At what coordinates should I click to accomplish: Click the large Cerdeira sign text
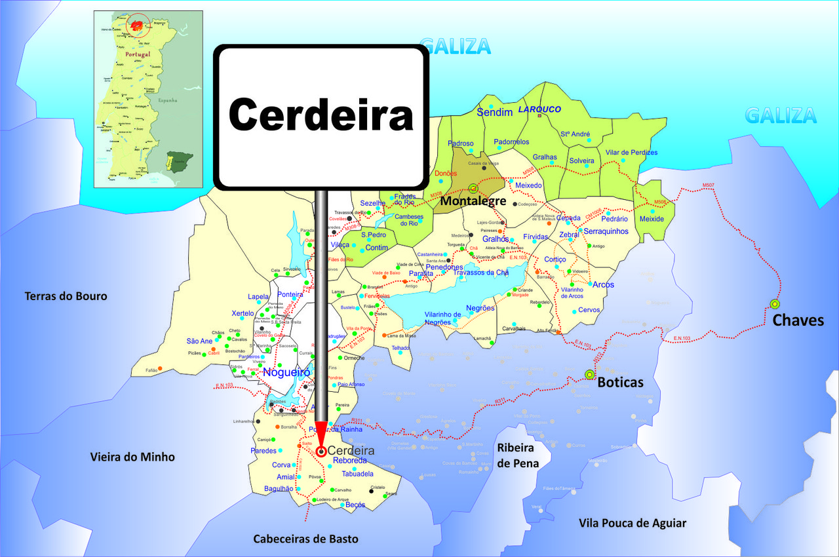coord(321,115)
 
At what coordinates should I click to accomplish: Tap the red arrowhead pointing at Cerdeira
coord(321,434)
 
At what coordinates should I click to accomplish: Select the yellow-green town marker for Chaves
coord(775,304)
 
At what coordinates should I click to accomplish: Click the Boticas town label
coord(620,382)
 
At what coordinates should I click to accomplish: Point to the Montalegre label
coord(473,201)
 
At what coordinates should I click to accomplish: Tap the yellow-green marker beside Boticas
coord(589,375)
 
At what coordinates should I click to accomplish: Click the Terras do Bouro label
coord(66,296)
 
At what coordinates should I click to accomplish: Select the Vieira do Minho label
coord(132,457)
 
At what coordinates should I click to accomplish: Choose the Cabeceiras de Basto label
coord(306,539)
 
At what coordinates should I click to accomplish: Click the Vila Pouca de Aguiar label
coord(633,523)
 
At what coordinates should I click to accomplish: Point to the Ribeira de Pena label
coord(518,455)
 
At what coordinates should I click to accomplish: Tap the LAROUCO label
coord(540,109)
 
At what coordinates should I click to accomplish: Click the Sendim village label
coord(494,113)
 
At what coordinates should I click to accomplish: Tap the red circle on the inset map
coord(138,26)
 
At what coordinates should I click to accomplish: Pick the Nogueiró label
coord(286,372)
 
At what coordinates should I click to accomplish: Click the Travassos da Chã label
coord(480,272)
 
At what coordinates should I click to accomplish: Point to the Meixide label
coord(652,219)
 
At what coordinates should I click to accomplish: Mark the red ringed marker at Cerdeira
coord(321,451)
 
